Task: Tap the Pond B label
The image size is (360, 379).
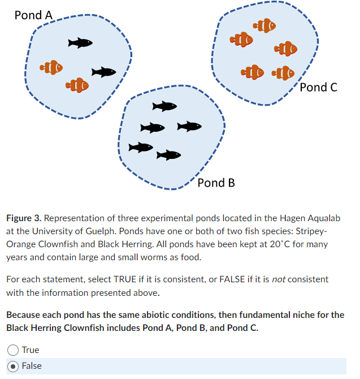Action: pyautogui.click(x=216, y=183)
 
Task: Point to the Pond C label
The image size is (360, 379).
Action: pyautogui.click(x=319, y=87)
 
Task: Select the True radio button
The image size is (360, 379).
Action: pyautogui.click(x=13, y=350)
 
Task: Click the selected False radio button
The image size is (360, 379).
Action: pyautogui.click(x=13, y=366)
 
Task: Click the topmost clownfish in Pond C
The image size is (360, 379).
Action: pyautogui.click(x=264, y=25)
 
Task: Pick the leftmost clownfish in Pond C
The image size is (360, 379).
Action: pyautogui.click(x=242, y=39)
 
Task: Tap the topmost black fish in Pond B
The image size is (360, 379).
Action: pyautogui.click(x=164, y=106)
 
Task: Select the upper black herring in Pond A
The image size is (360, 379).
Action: pyautogui.click(x=80, y=42)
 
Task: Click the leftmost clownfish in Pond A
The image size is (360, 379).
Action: pyautogui.click(x=51, y=68)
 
